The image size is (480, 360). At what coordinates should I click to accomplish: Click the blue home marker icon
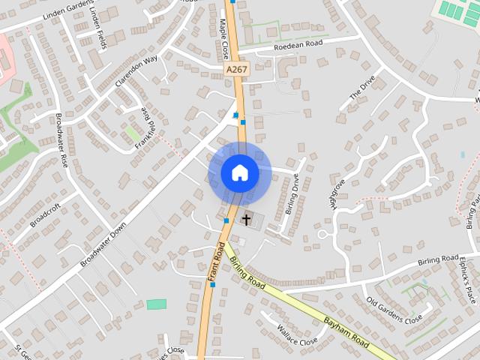240,173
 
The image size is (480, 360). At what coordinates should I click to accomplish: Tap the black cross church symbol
245,220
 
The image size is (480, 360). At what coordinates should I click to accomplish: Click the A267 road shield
235,68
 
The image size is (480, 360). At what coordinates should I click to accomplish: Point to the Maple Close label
223,39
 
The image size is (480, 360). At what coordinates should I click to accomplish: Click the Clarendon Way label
136,72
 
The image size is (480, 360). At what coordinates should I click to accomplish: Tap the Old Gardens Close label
394,310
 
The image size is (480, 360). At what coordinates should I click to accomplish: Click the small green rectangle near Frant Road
157,304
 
